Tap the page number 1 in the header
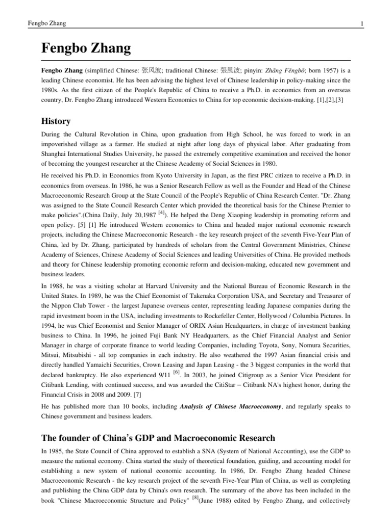361,24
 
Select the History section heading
56,121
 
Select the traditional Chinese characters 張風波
232,70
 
